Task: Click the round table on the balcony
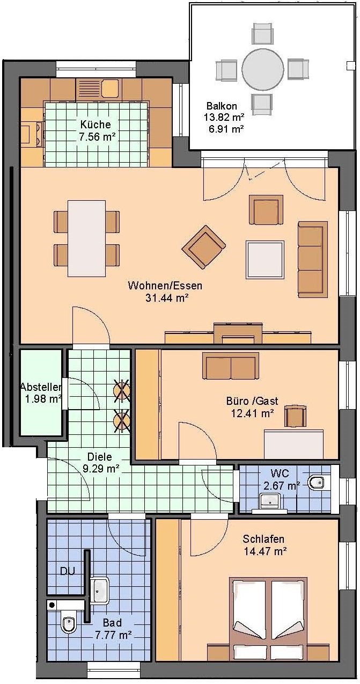pyautogui.click(x=263, y=69)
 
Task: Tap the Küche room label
pyautogui.click(x=95, y=124)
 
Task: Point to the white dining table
pyautogui.click(x=86, y=238)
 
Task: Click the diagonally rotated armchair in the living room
pyautogui.click(x=203, y=247)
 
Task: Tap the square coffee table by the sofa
pyautogui.click(x=265, y=259)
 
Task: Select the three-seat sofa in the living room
pyautogui.click(x=312, y=259)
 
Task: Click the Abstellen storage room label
pyautogui.click(x=41, y=387)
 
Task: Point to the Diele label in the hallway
pyautogui.click(x=99, y=457)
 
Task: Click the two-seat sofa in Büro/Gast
pyautogui.click(x=231, y=366)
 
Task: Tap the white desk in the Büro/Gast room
pyautogui.click(x=293, y=444)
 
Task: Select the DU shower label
pyautogui.click(x=68, y=571)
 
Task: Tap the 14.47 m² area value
pyautogui.click(x=265, y=551)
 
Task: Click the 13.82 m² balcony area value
pyautogui.click(x=224, y=117)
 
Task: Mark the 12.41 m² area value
pyautogui.click(x=252, y=413)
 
